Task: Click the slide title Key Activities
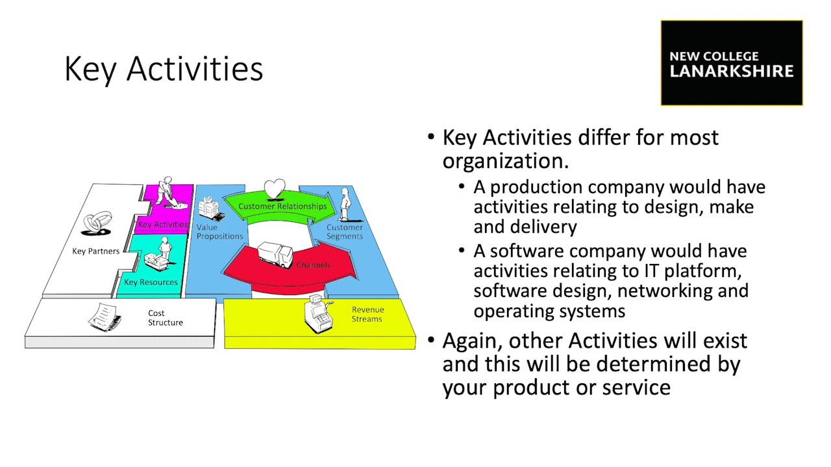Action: [x=164, y=69]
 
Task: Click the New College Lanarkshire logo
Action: [x=732, y=64]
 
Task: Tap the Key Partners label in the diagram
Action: [x=95, y=251]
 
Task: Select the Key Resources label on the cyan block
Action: [x=151, y=282]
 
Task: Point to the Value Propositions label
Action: [x=219, y=232]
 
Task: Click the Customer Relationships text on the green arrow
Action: [x=282, y=206]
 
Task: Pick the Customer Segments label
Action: [x=344, y=232]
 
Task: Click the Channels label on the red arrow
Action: [x=314, y=265]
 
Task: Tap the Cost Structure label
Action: [x=165, y=318]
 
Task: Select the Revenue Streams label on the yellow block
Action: [x=367, y=314]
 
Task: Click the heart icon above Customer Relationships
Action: [x=275, y=189]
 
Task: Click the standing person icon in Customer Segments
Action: [x=345, y=205]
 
